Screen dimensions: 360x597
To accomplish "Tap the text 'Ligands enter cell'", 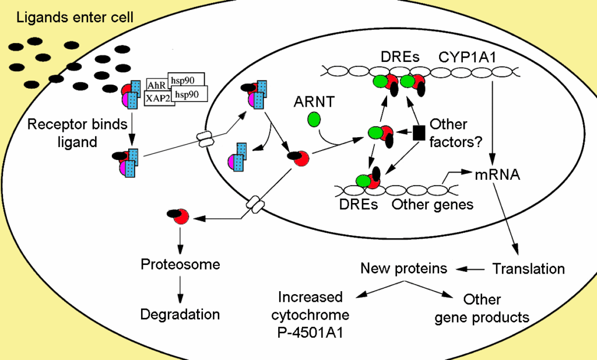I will (x=75, y=18).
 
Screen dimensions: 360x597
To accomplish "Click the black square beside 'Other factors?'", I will (x=418, y=132).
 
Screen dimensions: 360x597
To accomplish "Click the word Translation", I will (x=529, y=269).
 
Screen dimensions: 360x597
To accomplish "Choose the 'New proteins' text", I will (x=404, y=268).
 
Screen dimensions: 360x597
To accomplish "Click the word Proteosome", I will (x=181, y=264).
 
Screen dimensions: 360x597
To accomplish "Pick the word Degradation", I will (x=180, y=314).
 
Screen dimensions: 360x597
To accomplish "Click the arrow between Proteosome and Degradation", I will (x=181, y=288).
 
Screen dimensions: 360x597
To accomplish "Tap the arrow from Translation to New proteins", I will (x=471, y=269).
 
